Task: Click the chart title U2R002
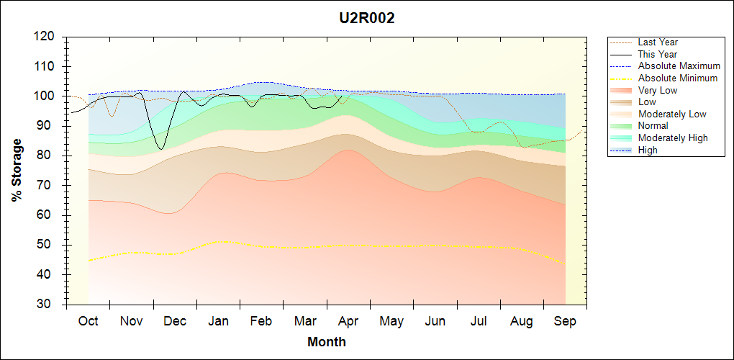(x=367, y=19)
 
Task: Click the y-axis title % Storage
(x=17, y=174)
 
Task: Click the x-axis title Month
(x=327, y=342)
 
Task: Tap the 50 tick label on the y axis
(x=49, y=245)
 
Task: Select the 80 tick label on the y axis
(x=49, y=156)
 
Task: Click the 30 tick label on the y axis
(x=49, y=305)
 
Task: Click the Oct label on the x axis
(x=88, y=321)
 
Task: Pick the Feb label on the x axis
(x=261, y=321)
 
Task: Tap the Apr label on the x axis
(x=348, y=321)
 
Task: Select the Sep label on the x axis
(x=565, y=321)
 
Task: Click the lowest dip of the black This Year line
(x=162, y=149)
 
